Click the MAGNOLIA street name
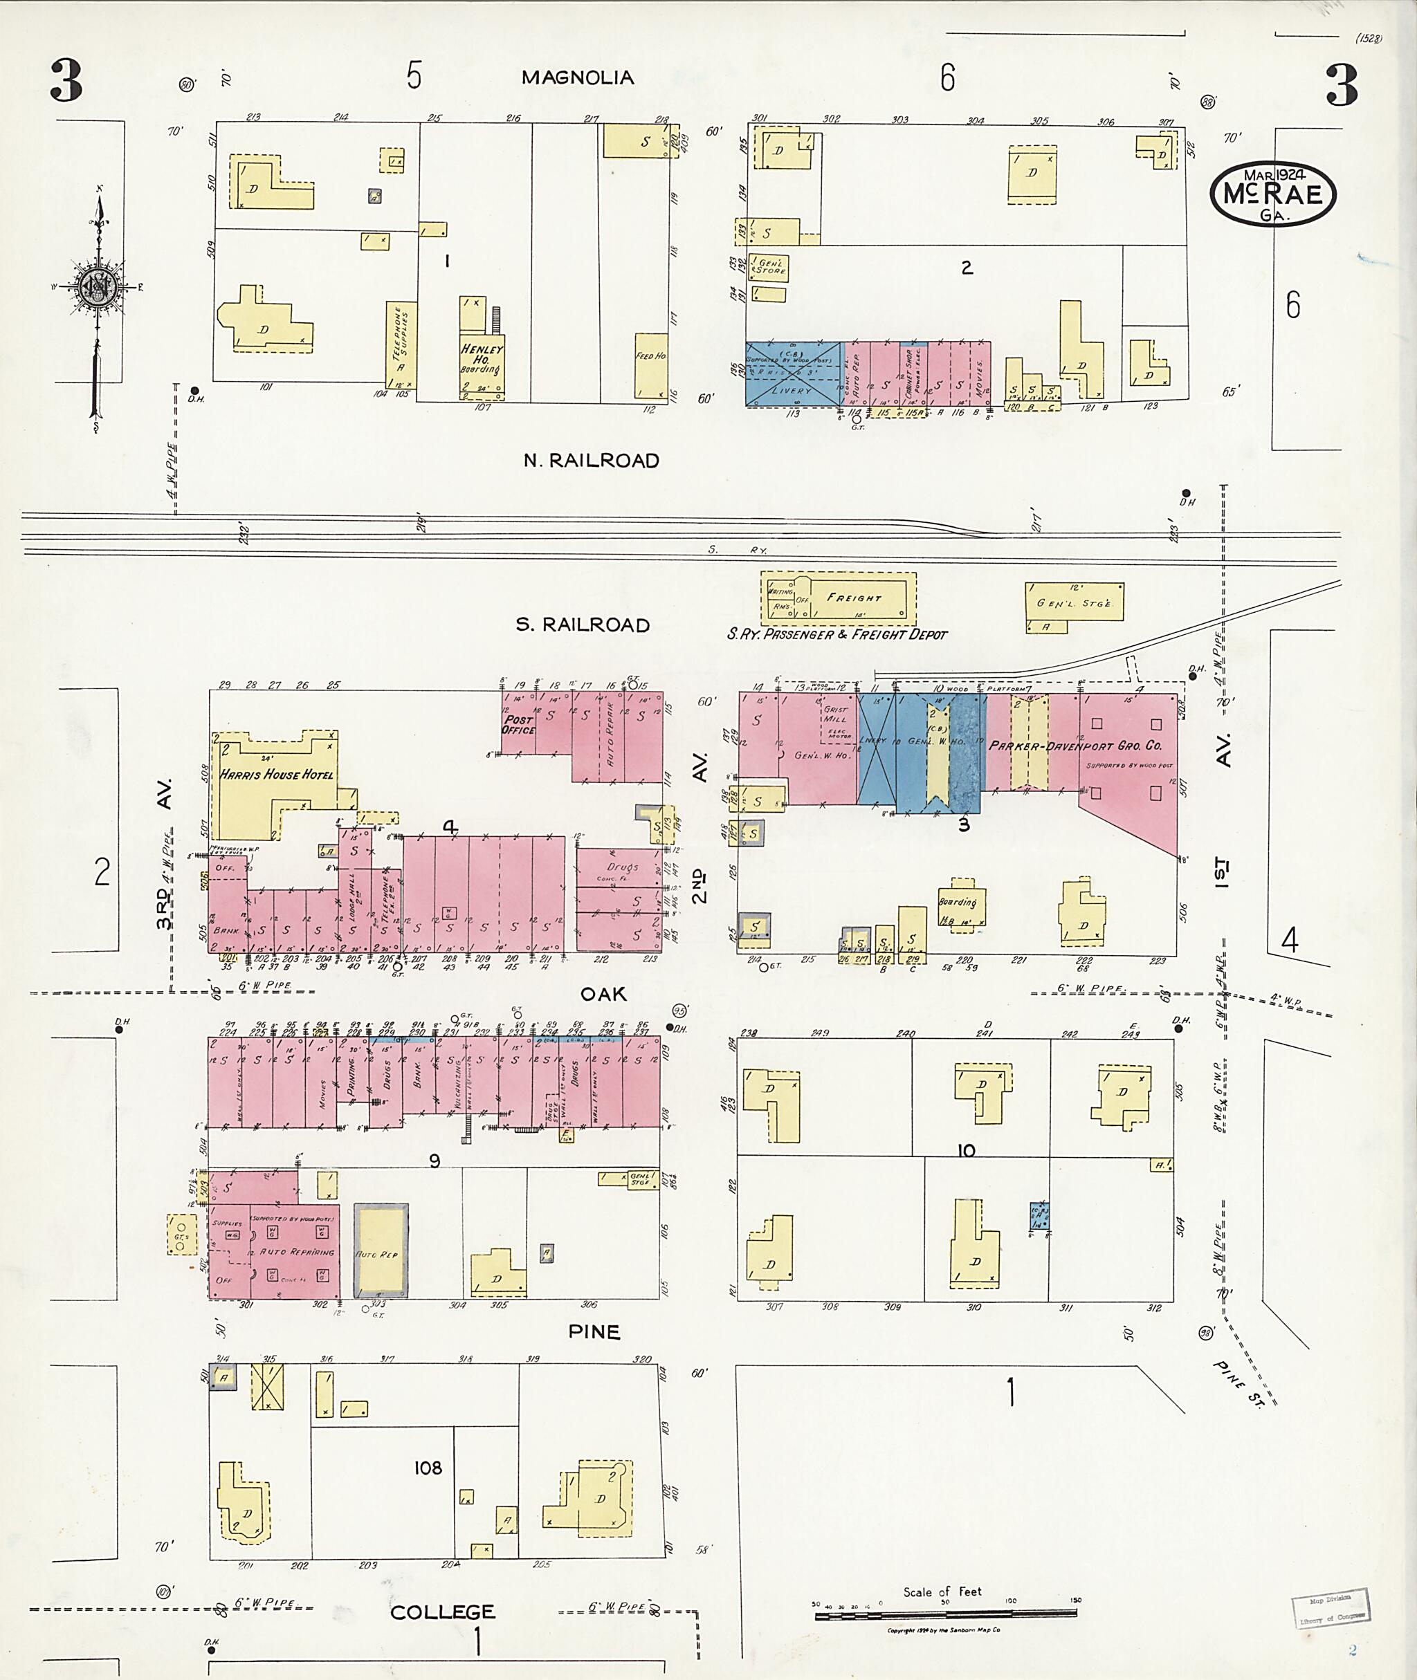578,78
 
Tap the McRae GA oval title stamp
1273,195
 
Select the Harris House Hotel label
276,775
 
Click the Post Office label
518,724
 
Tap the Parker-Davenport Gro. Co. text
1075,745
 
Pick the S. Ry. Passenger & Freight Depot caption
837,634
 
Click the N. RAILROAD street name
591,461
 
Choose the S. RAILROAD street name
583,625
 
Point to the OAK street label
603,994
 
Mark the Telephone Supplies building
398,349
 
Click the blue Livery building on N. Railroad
794,374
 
